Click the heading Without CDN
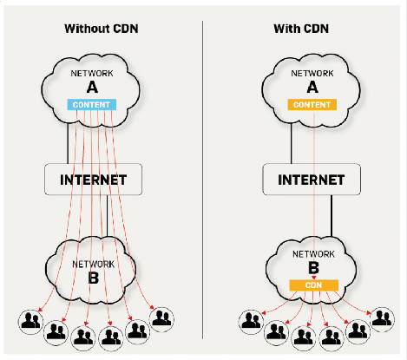(x=102, y=29)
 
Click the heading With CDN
(x=301, y=29)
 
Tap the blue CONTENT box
(x=92, y=105)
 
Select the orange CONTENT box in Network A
(x=312, y=105)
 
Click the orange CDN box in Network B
(x=314, y=285)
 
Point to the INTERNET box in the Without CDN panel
(x=93, y=180)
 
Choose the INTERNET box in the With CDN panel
(x=312, y=180)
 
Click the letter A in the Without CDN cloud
(x=92, y=87)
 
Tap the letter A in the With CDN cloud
(x=312, y=87)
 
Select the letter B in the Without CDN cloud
(x=93, y=278)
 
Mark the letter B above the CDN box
(x=314, y=268)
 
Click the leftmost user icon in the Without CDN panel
(x=30, y=322)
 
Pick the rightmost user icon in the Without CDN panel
(x=161, y=319)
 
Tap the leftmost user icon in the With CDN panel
(x=251, y=322)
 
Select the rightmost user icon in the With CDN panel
(x=383, y=319)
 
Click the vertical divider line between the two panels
(x=202, y=180)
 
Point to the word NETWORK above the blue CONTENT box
(x=92, y=74)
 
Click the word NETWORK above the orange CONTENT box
(x=312, y=74)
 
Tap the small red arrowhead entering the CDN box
(x=314, y=278)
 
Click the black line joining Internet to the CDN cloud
(x=332, y=216)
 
